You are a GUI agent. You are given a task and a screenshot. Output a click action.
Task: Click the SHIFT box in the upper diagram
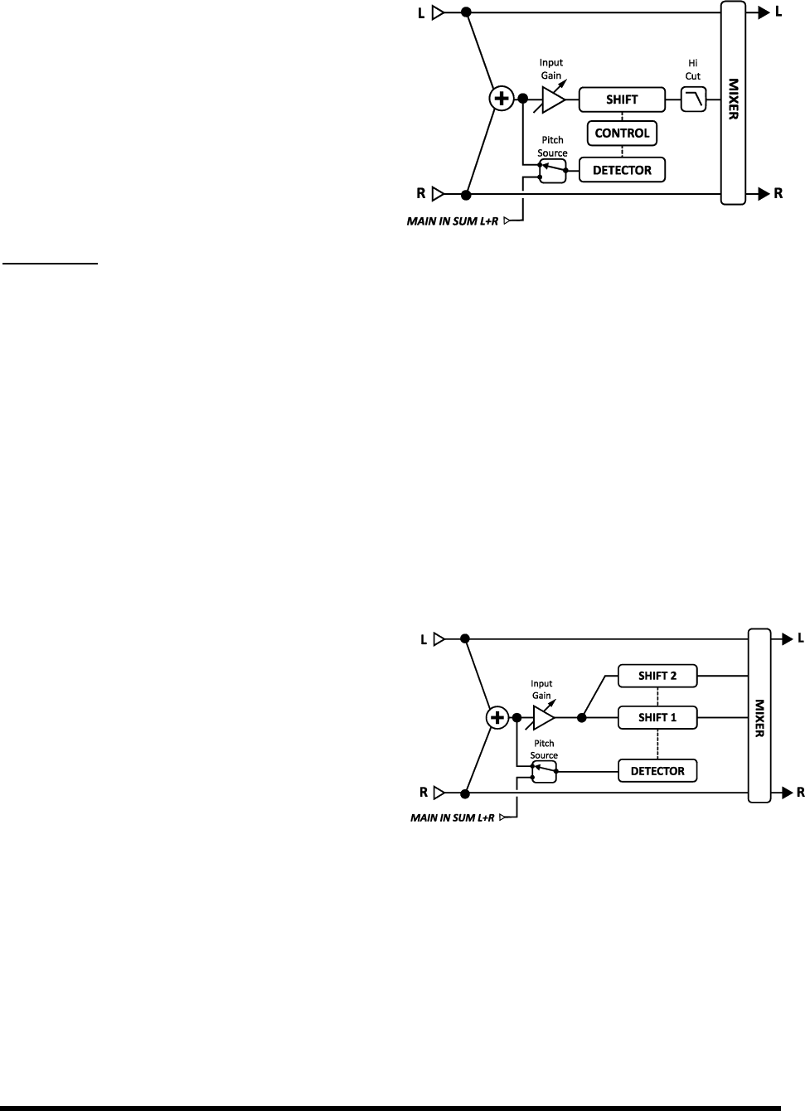click(x=621, y=99)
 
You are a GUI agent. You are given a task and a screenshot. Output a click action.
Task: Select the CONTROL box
click(x=622, y=133)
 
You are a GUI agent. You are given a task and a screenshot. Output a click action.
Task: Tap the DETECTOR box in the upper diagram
click(x=622, y=170)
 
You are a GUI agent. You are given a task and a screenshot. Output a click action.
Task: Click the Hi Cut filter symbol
click(x=693, y=100)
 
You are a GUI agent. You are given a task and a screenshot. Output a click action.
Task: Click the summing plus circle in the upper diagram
click(x=501, y=99)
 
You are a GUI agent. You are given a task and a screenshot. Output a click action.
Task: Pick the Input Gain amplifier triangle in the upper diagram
click(x=552, y=99)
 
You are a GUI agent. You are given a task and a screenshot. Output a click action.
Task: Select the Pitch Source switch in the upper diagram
click(x=552, y=171)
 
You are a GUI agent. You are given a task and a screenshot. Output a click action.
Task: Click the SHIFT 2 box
click(x=657, y=676)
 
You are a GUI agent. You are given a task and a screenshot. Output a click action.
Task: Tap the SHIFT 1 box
click(x=657, y=717)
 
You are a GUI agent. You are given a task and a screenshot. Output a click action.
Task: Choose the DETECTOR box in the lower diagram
click(x=657, y=771)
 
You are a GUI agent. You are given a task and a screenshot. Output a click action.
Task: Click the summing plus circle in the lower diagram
click(x=497, y=717)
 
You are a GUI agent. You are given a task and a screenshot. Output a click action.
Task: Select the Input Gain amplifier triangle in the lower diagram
click(x=544, y=717)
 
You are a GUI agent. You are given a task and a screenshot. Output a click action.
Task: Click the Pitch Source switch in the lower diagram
click(x=544, y=772)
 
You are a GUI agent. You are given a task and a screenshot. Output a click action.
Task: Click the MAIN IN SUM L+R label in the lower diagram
click(x=455, y=817)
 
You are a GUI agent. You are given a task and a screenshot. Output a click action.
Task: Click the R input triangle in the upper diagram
click(x=439, y=195)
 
